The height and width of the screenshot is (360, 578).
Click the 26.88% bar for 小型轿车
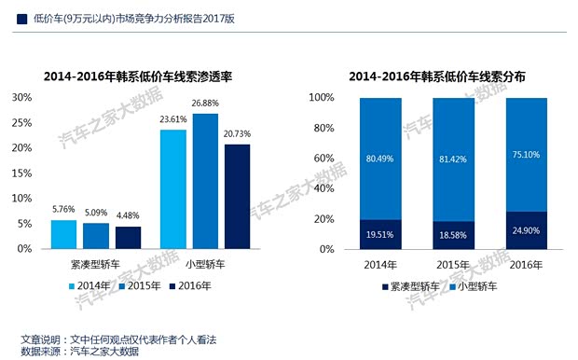click(x=205, y=182)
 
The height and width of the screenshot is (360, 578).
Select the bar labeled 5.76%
click(x=63, y=234)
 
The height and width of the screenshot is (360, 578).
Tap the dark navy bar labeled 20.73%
click(x=237, y=197)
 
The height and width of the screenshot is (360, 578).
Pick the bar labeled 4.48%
click(x=128, y=238)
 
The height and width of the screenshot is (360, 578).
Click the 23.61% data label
click(x=172, y=120)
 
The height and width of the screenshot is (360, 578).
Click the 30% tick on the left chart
click(x=21, y=97)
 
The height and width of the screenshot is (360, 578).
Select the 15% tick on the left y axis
click(x=21, y=173)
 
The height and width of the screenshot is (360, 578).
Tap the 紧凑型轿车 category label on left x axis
click(x=95, y=265)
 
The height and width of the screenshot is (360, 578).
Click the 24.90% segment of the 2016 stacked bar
click(x=528, y=230)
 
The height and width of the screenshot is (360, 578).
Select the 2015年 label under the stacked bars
click(x=453, y=265)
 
